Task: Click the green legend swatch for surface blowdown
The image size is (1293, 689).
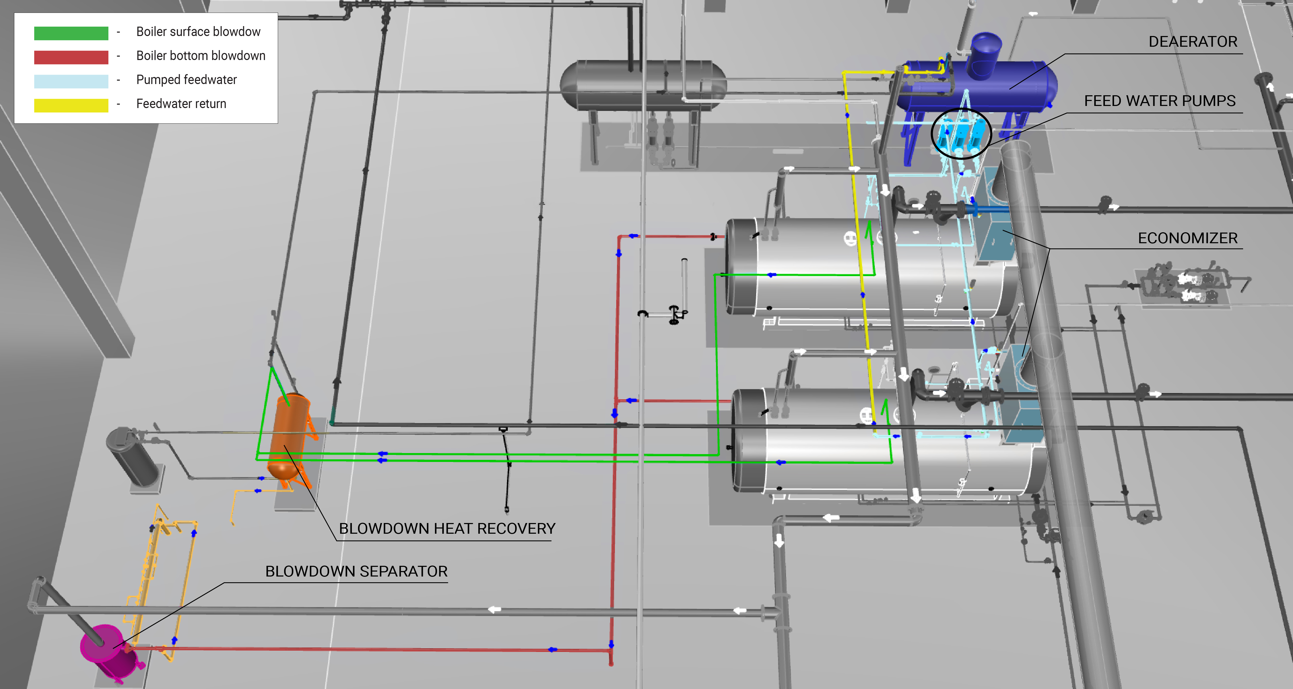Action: coord(71,33)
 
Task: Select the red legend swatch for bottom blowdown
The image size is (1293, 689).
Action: coord(71,57)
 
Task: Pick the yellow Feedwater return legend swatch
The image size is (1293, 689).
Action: coord(71,105)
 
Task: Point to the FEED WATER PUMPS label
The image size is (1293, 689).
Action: coord(1160,101)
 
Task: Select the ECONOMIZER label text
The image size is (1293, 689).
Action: coord(1187,238)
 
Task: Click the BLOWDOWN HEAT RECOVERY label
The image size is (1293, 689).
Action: coord(447,528)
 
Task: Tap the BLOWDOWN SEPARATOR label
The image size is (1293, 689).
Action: coord(356,571)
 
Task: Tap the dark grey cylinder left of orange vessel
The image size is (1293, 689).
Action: coord(133,456)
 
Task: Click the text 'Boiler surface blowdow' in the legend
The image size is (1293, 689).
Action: coord(198,32)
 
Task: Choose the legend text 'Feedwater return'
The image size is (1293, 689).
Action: coord(181,104)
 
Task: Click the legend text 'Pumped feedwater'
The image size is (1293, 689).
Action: coord(186,80)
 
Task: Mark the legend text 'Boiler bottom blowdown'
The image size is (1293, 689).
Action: coord(201,56)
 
